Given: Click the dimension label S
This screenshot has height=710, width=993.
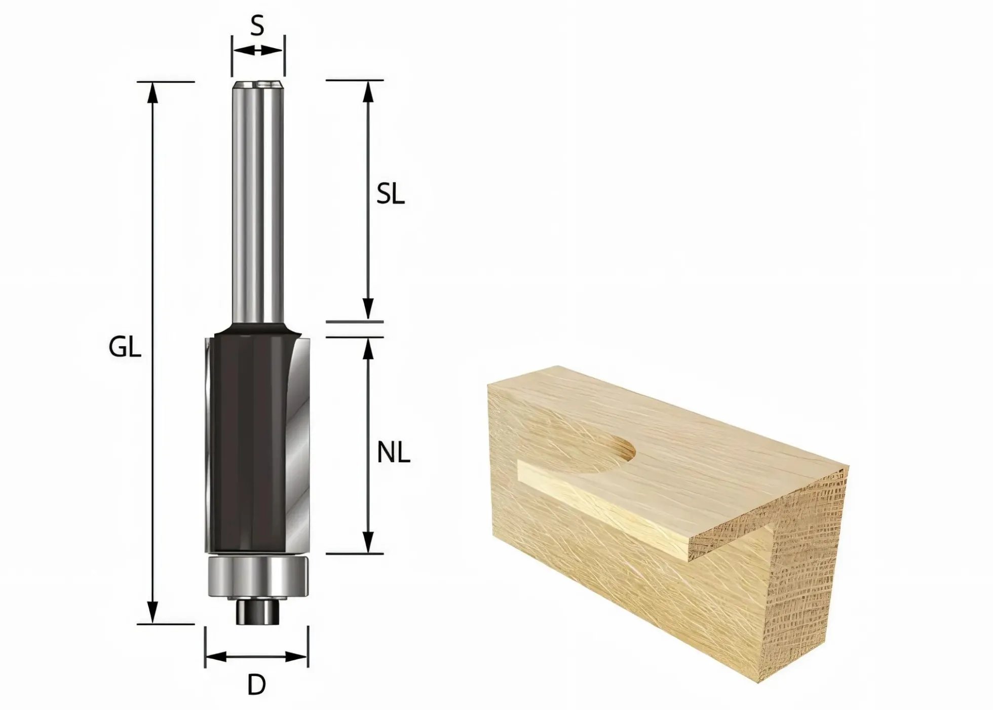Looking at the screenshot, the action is (257, 25).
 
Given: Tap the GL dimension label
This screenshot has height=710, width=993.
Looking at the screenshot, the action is (125, 348).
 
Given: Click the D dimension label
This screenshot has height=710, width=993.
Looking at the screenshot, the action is (257, 686).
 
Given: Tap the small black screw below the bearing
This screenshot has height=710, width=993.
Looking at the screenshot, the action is (256, 611).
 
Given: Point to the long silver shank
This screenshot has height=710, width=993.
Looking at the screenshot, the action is (257, 203).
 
